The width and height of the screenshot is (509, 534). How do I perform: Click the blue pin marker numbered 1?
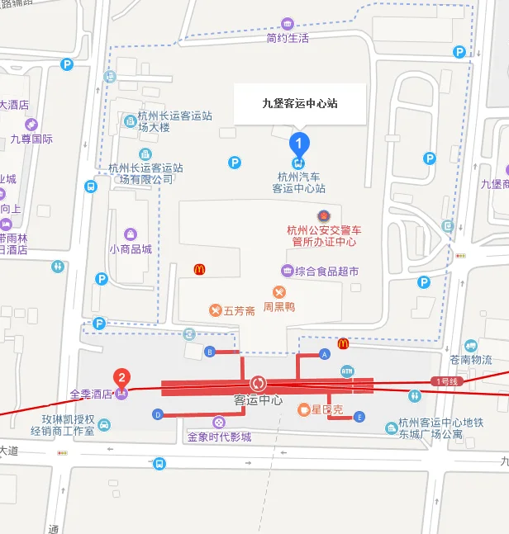pos(299,143)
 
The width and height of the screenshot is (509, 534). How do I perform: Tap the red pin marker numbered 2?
pos(122,379)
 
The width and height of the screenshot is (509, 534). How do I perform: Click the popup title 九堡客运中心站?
pos(299,104)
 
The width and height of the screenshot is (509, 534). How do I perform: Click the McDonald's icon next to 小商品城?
pos(199,269)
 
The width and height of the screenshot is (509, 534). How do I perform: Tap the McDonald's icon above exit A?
pos(343,343)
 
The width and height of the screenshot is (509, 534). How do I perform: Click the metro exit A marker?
pos(325,353)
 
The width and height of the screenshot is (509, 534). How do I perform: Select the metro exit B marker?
pos(209,352)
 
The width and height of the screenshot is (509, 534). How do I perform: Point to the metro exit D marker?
pos(158,414)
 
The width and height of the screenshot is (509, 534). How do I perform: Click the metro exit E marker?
pos(359,417)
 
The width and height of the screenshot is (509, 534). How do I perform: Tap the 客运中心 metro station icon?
pos(258,384)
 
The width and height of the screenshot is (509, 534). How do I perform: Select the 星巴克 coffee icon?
pos(304,409)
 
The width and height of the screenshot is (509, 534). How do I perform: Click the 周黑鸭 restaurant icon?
pos(279,291)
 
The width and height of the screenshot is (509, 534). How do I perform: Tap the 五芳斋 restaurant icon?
pos(216,310)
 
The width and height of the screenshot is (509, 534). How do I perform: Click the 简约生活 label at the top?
pos(288,38)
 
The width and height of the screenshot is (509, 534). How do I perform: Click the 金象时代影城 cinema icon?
pos(219,422)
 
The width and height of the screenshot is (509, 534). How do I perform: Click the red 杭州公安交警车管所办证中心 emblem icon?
pos(322,215)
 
